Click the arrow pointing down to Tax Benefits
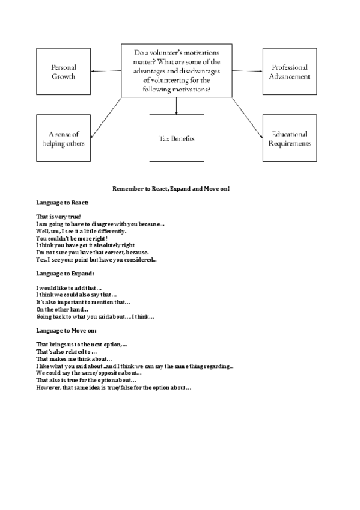click(177, 106)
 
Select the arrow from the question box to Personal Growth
click(107, 71)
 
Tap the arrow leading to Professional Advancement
click(247, 71)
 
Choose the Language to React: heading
click(62, 203)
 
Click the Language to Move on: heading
click(66, 330)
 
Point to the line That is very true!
click(58, 217)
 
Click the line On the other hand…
click(63, 309)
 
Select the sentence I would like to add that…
click(69, 287)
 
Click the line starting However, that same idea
click(114, 387)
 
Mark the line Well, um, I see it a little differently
click(81, 231)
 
